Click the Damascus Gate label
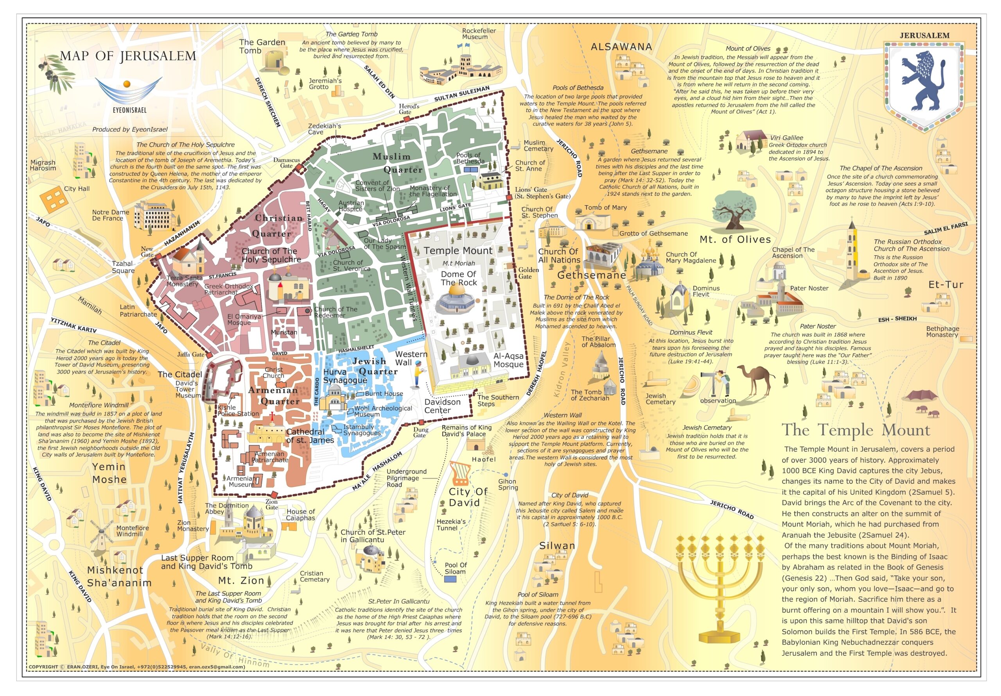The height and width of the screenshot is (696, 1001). tap(287, 163)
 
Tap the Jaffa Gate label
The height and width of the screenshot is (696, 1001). tap(190, 354)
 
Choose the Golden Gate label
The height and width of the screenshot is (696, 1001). tap(528, 273)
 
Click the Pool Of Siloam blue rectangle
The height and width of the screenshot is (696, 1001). tap(450, 579)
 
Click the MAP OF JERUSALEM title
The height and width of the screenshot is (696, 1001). tap(128, 56)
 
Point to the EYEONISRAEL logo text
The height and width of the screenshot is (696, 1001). tap(129, 110)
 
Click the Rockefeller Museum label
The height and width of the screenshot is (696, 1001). tap(479, 34)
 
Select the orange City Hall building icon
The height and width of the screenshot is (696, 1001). tap(53, 200)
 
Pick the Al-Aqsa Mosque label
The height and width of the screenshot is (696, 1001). tap(508, 360)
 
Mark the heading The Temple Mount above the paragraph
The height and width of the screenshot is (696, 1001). tap(856, 430)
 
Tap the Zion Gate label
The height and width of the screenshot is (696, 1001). tap(271, 504)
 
